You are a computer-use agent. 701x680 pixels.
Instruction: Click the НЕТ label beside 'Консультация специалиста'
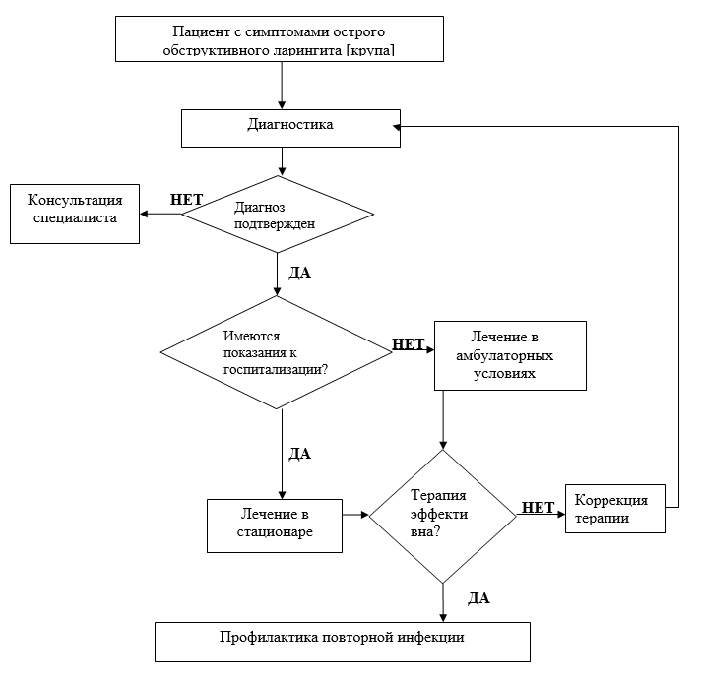click(x=186, y=199)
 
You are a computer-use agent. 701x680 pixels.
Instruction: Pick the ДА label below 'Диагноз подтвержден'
click(x=299, y=273)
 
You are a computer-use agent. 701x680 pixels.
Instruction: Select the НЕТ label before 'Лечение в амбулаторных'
click(x=409, y=344)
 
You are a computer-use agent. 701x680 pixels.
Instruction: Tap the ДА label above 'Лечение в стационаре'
click(x=299, y=454)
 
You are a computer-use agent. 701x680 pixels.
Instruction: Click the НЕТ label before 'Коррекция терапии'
click(x=539, y=508)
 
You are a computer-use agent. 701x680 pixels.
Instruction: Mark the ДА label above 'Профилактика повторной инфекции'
click(x=478, y=598)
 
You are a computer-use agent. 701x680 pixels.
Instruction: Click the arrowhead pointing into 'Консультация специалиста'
click(x=144, y=214)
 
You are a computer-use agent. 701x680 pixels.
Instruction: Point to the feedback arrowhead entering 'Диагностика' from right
click(x=397, y=127)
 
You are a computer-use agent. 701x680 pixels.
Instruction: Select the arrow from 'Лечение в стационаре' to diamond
click(x=355, y=515)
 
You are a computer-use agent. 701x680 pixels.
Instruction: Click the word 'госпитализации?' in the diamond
click(x=276, y=369)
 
